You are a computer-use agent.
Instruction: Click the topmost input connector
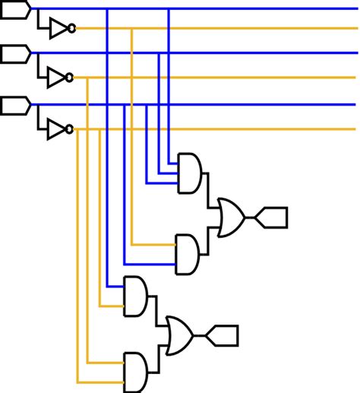tap(15, 8)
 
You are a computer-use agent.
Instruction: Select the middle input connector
tap(15, 53)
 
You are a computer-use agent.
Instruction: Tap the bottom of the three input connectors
tap(15, 104)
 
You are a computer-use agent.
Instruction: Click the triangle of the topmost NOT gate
tap(58, 29)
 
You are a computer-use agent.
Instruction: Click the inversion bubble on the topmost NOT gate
tap(71, 29)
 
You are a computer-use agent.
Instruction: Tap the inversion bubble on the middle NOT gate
tap(70, 78)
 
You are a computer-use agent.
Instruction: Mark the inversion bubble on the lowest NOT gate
tap(70, 129)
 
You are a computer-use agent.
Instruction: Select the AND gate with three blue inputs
tap(190, 173)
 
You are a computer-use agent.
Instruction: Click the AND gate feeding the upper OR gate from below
tap(188, 254)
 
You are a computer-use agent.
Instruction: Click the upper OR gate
tap(230, 217)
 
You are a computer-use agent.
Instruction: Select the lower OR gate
tap(179, 334)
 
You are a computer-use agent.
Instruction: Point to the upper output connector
tap(273, 217)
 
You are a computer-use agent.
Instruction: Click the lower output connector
tap(225, 334)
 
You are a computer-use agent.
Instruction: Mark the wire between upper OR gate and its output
tap(250, 217)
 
